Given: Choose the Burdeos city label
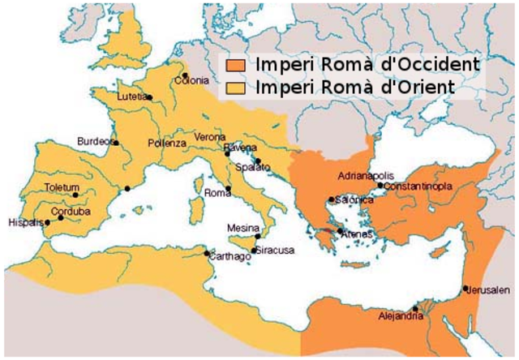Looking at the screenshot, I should (93, 141).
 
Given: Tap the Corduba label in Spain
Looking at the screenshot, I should (71, 212).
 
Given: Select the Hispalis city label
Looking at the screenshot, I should (24, 222).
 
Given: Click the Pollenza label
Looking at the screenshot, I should (166, 143).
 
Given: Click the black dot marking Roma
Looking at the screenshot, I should (229, 190).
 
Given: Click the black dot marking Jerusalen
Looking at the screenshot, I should (465, 289).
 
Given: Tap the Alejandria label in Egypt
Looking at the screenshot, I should (401, 316).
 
